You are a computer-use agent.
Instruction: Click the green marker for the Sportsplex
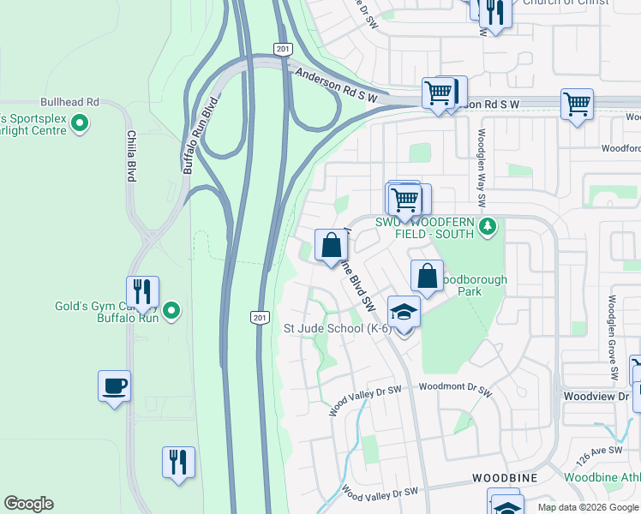click(80, 124)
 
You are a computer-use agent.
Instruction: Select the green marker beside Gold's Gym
click(171, 310)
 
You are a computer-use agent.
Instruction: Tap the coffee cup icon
click(114, 386)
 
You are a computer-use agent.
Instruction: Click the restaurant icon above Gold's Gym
click(142, 292)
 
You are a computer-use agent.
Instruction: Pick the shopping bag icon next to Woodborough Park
click(427, 276)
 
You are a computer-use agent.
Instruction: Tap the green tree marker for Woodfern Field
click(488, 227)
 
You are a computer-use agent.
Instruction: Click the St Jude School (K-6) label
click(338, 328)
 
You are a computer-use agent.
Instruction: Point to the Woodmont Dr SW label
click(455, 389)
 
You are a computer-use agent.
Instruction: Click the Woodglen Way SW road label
click(482, 168)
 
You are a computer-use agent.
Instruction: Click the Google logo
click(29, 504)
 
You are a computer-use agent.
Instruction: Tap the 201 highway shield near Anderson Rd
click(283, 49)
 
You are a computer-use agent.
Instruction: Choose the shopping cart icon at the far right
click(577, 105)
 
